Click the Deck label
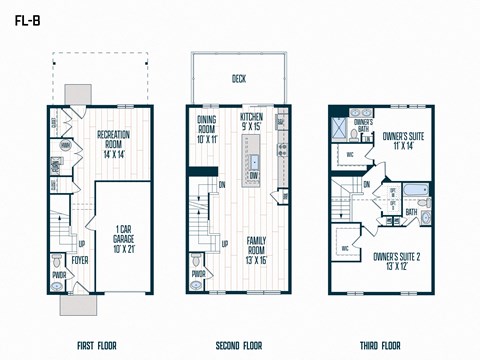pos(239,78)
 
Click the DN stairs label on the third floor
pos(367,184)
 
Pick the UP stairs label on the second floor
pos(224,243)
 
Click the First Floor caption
pos(97,346)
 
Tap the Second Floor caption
pos(239,346)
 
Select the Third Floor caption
pos(381,346)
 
